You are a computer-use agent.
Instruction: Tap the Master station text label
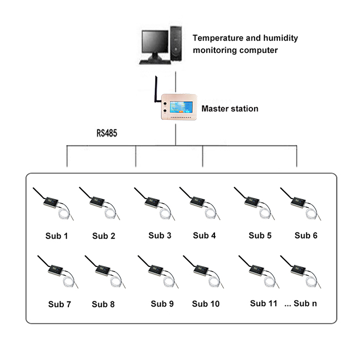tap(229, 109)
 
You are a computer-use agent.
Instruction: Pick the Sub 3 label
tap(160, 236)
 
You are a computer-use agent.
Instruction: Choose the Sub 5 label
tap(260, 236)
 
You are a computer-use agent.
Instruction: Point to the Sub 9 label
tap(162, 303)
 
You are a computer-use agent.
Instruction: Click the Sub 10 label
tap(206, 303)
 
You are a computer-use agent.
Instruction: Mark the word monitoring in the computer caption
tap(216, 50)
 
